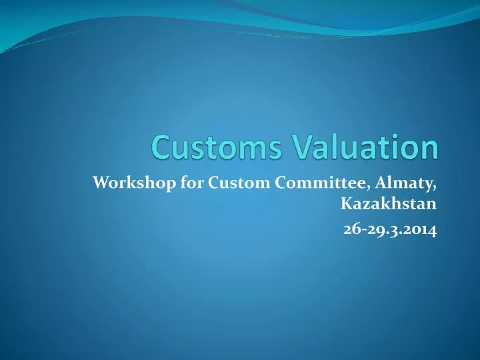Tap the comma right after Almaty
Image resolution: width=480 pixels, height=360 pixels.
(436, 186)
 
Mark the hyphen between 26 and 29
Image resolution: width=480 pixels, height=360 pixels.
(361, 231)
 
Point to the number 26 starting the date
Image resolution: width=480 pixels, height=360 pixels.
(351, 230)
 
